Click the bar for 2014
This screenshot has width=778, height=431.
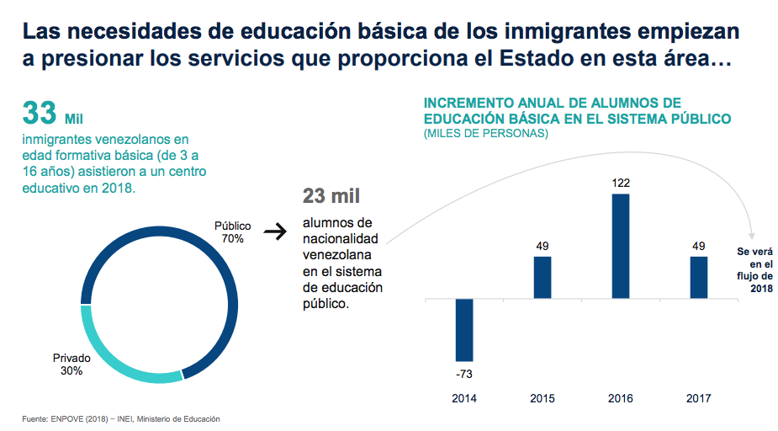click(x=464, y=330)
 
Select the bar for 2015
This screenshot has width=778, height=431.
click(x=542, y=277)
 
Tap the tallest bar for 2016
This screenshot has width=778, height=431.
click(x=621, y=246)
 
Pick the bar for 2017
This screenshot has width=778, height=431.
click(x=699, y=277)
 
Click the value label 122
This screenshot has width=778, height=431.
click(x=621, y=183)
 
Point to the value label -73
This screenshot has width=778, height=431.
click(x=464, y=373)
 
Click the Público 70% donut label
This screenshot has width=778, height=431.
click(x=232, y=232)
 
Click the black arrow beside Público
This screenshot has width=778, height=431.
click(x=275, y=231)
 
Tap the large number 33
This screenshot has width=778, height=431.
click(x=40, y=112)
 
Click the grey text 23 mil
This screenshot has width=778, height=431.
click(x=331, y=196)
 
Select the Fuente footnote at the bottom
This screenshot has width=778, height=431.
click(x=121, y=418)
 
